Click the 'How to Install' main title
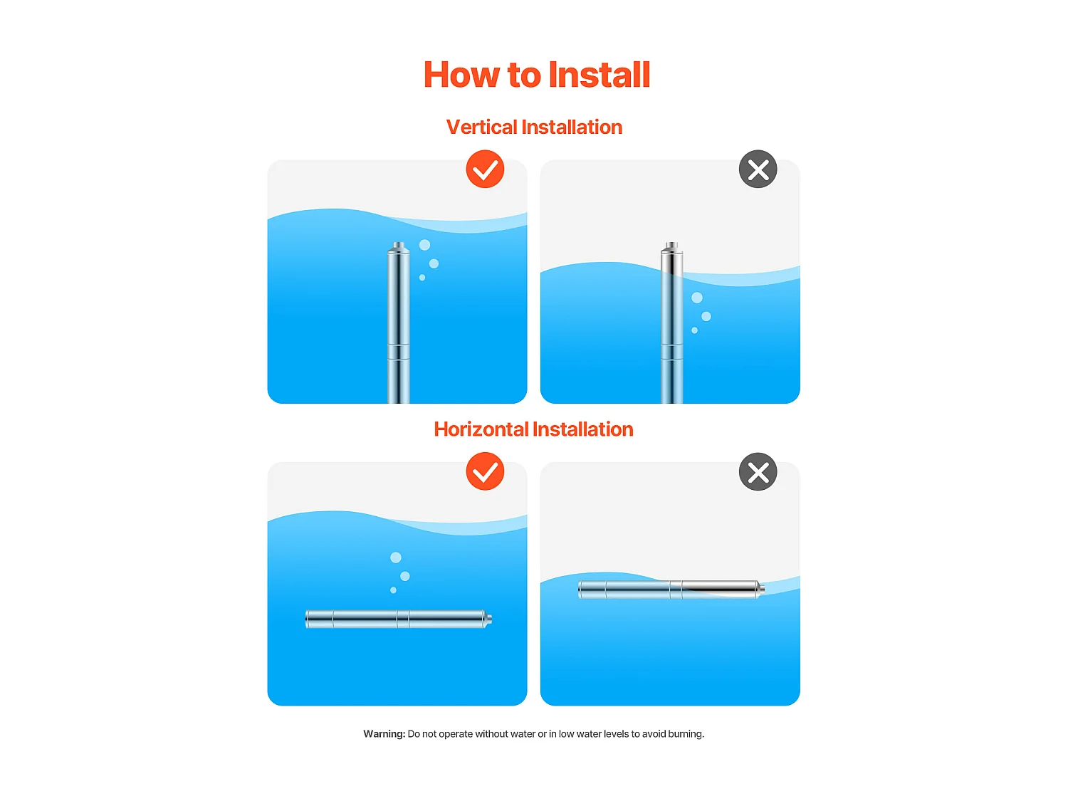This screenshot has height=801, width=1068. point(536,75)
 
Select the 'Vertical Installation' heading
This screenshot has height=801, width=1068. point(534,127)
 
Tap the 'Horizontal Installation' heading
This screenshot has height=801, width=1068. point(533,429)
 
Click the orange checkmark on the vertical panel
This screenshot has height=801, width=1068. point(485,169)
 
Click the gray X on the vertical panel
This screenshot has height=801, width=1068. point(758,169)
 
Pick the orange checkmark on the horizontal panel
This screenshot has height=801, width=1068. point(485,471)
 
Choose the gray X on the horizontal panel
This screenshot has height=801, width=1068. point(758,471)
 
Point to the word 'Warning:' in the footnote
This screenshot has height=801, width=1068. point(384,733)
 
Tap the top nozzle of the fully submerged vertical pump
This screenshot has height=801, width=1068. point(399,246)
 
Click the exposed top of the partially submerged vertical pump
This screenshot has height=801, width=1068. point(671,258)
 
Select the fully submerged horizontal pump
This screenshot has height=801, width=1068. point(398,619)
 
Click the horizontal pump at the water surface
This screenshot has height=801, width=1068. point(671,590)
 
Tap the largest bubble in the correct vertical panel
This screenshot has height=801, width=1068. point(424,245)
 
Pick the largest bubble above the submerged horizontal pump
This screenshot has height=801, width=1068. point(396,557)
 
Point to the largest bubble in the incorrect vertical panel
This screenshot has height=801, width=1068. point(697,298)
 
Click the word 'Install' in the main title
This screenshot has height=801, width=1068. point(599,75)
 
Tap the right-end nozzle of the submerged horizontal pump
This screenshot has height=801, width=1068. point(488,619)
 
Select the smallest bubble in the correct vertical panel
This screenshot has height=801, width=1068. point(422,278)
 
